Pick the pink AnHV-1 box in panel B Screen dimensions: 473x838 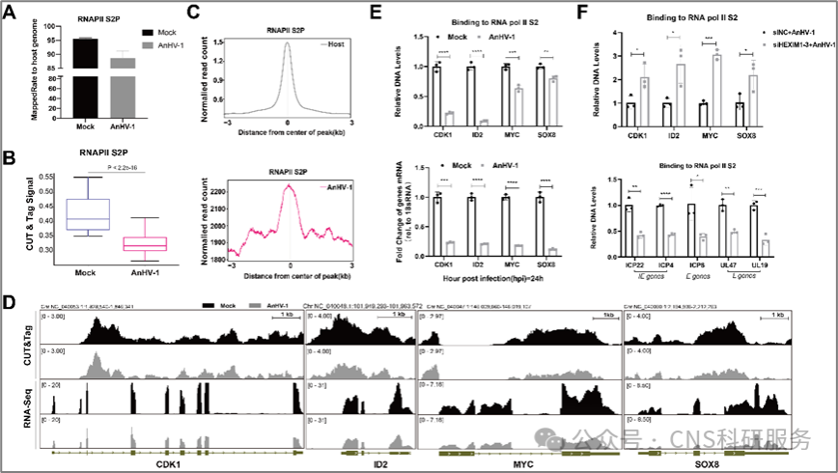[x=141, y=243]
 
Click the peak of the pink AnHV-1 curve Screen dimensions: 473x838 [x=289, y=185]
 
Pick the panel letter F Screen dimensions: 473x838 [x=582, y=13]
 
